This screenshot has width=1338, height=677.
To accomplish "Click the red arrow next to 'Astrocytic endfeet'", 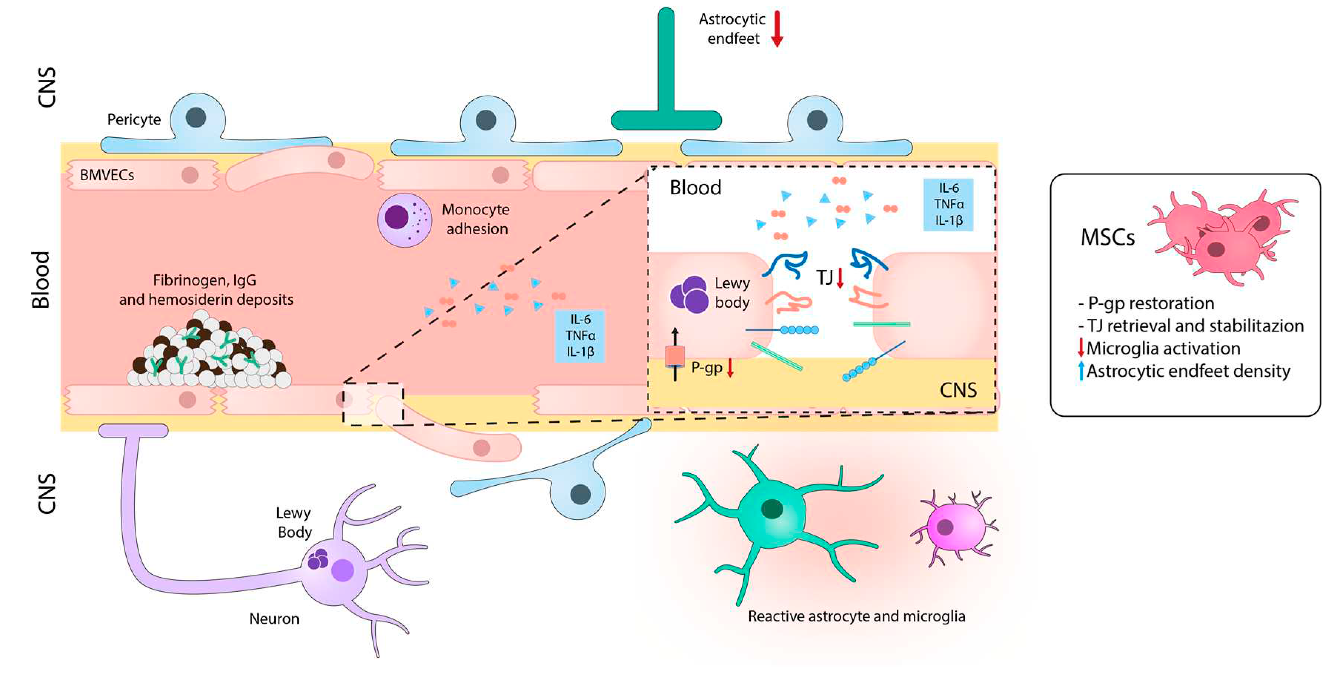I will [x=777, y=29].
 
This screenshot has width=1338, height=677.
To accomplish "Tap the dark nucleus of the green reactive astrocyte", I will [x=772, y=508].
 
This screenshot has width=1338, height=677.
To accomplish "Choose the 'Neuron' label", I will [x=274, y=619].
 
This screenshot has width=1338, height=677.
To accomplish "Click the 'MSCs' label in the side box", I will [x=1108, y=237].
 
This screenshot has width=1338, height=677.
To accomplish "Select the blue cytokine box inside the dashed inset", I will [x=948, y=204].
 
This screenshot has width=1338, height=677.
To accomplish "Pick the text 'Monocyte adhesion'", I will [x=476, y=219].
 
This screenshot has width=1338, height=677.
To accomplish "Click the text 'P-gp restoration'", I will [x=1151, y=303].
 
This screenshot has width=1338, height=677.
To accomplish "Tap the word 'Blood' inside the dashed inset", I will [x=695, y=188].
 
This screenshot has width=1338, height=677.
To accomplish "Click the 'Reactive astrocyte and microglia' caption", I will [x=856, y=616].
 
